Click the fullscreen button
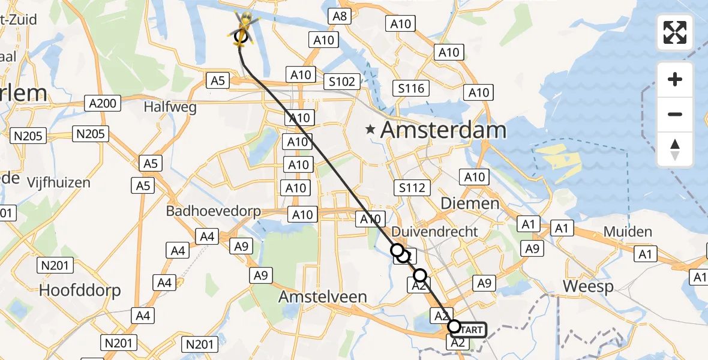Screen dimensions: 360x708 pyautogui.click(x=675, y=32)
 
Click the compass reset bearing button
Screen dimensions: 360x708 pyautogui.click(x=675, y=149)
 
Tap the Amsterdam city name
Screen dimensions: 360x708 pyautogui.click(x=443, y=130)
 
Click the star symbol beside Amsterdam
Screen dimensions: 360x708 pyautogui.click(x=371, y=129)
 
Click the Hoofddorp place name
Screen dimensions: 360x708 pyautogui.click(x=80, y=290)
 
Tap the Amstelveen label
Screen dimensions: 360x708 pyautogui.click(x=322, y=297)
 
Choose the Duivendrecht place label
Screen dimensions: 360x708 pyautogui.click(x=434, y=232)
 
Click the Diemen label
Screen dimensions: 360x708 pyautogui.click(x=470, y=203)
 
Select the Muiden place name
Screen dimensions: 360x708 pyautogui.click(x=628, y=232)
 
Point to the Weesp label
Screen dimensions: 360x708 pyautogui.click(x=588, y=287)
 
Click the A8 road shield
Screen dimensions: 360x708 pyautogui.click(x=340, y=16)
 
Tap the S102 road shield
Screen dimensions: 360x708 pyautogui.click(x=342, y=82)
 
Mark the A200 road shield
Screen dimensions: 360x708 pyautogui.click(x=102, y=103)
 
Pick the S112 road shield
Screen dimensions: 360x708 pyautogui.click(x=412, y=188)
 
